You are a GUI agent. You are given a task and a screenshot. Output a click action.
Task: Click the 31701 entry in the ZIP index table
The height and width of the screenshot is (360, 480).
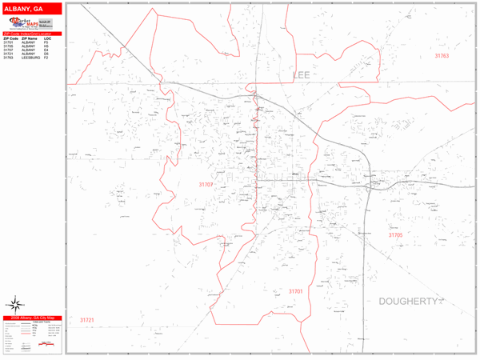[x=8, y=42]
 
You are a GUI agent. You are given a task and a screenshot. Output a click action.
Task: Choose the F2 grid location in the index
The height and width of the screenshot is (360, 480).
[x=46, y=58]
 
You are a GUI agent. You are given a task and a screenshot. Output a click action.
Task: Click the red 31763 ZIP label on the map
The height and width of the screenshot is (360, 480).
[x=442, y=56]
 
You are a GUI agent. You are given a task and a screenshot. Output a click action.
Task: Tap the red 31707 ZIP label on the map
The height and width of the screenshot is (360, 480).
[x=206, y=184]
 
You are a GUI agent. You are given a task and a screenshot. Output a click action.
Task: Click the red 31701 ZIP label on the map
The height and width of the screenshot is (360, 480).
[x=295, y=292]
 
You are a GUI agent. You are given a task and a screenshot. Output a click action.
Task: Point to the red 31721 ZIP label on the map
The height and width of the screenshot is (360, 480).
[x=86, y=320]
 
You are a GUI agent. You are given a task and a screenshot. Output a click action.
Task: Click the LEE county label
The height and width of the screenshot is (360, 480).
[x=302, y=75]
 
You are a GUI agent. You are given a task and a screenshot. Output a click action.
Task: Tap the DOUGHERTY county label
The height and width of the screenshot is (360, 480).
[x=409, y=302]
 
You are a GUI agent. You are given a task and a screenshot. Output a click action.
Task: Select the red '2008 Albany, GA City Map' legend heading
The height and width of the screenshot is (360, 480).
[x=32, y=318]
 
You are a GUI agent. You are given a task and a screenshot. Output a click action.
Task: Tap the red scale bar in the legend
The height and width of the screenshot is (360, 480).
[x=48, y=345]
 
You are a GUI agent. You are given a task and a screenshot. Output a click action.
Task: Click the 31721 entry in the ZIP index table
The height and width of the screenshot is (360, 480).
[x=8, y=54]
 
